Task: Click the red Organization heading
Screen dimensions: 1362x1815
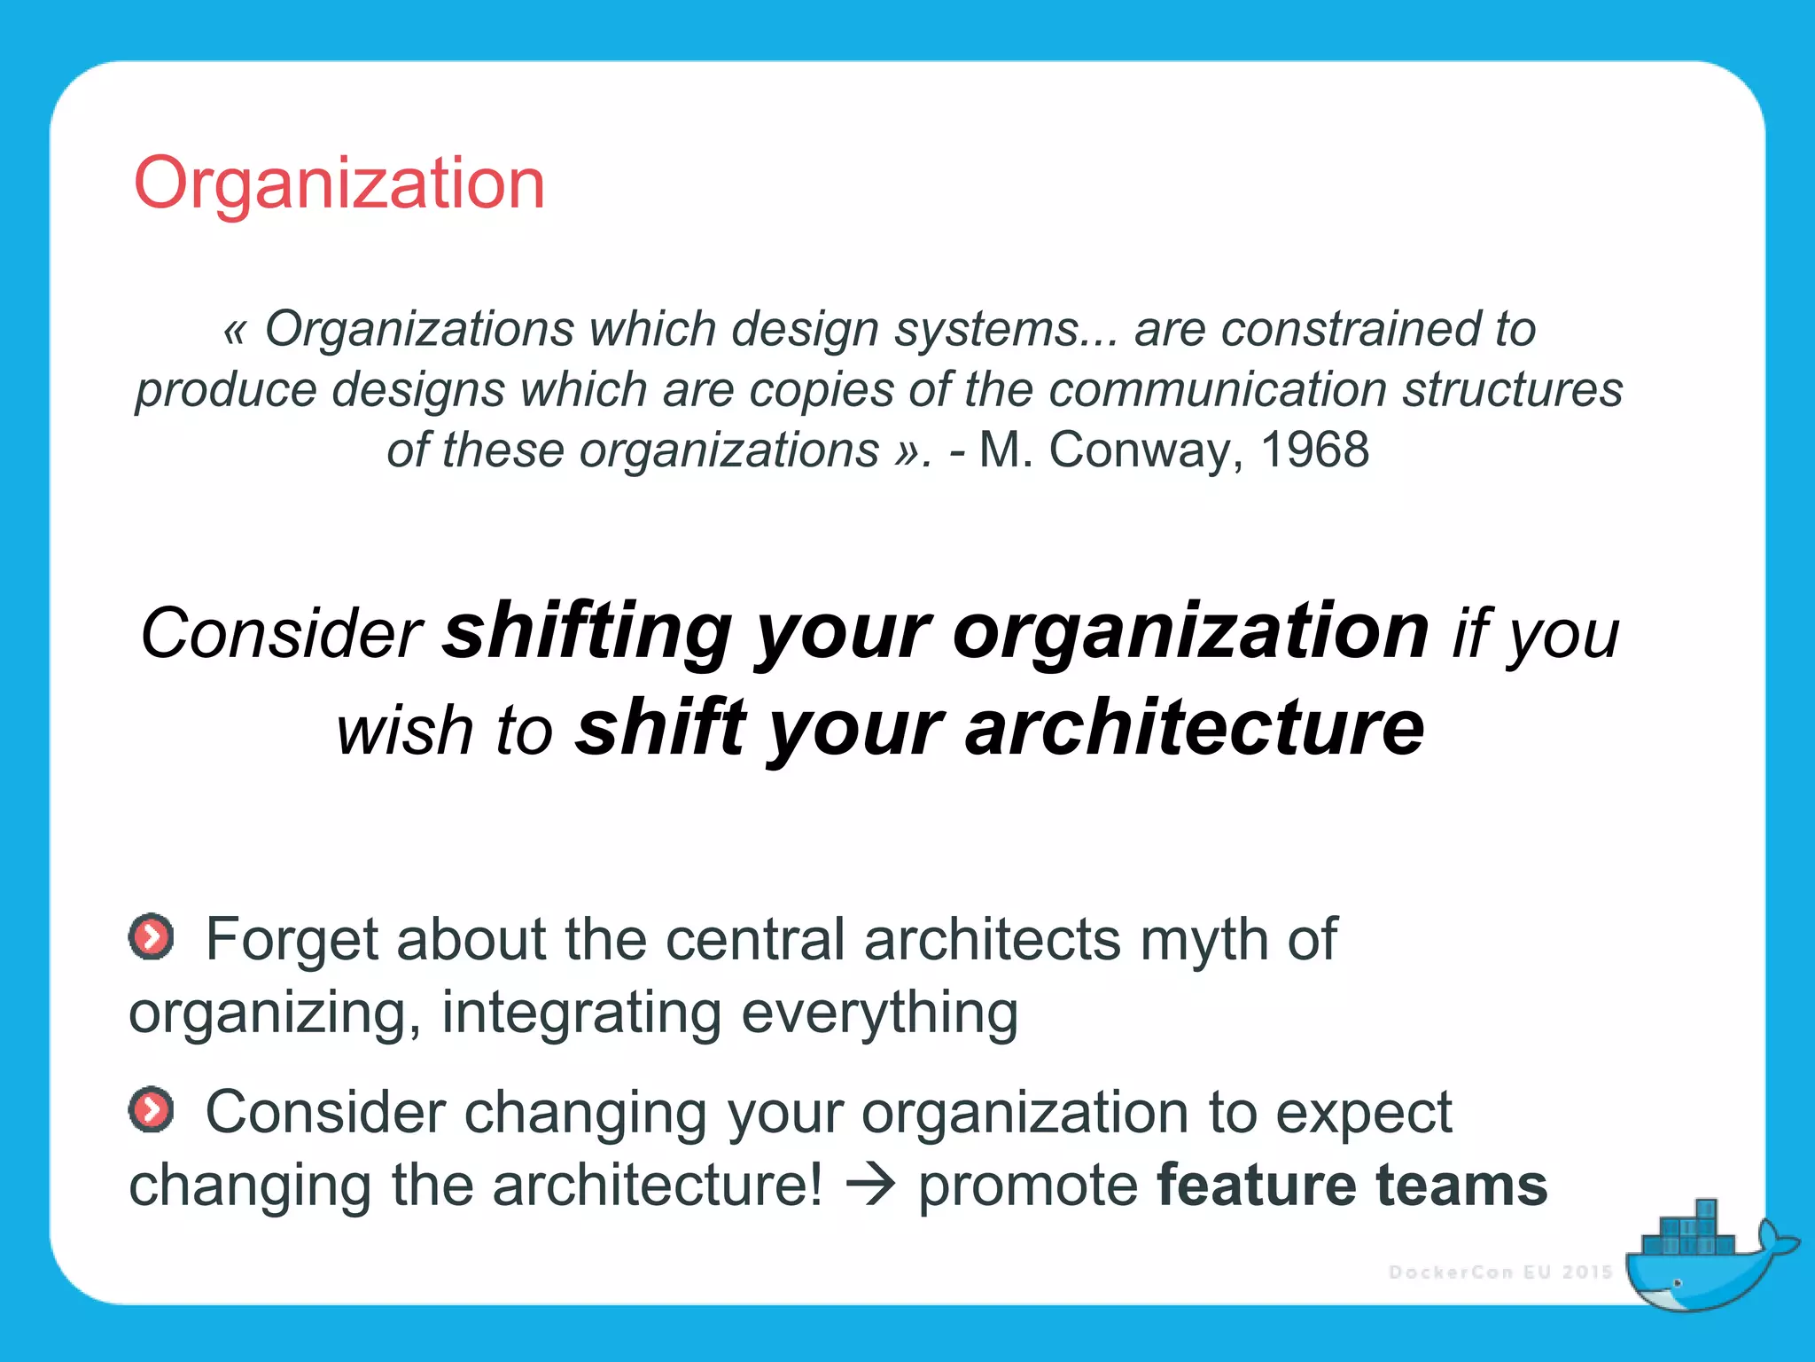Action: [x=339, y=184]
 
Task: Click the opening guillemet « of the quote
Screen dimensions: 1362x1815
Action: [x=234, y=330]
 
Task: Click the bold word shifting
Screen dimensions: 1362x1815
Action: [x=588, y=633]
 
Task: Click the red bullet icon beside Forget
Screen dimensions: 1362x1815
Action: [x=152, y=936]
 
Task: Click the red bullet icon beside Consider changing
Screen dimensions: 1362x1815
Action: [x=152, y=1109]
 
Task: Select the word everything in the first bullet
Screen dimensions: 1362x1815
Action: [x=880, y=1014]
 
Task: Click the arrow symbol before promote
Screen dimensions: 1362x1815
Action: [x=870, y=1186]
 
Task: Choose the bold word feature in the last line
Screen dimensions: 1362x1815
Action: [x=1257, y=1186]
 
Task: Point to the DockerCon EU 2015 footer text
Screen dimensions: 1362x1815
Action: [x=1500, y=1272]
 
